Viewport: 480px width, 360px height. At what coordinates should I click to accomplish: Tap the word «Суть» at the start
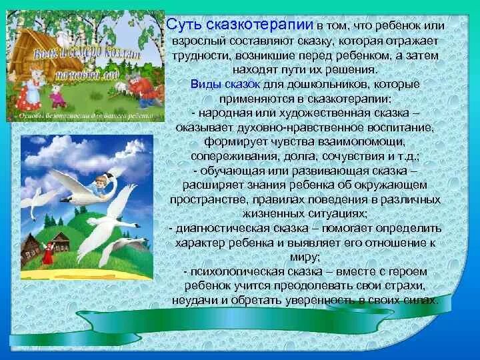(x=181, y=25)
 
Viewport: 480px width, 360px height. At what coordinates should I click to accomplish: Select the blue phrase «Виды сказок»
(x=219, y=85)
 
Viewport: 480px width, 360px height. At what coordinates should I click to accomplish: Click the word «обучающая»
(x=225, y=171)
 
